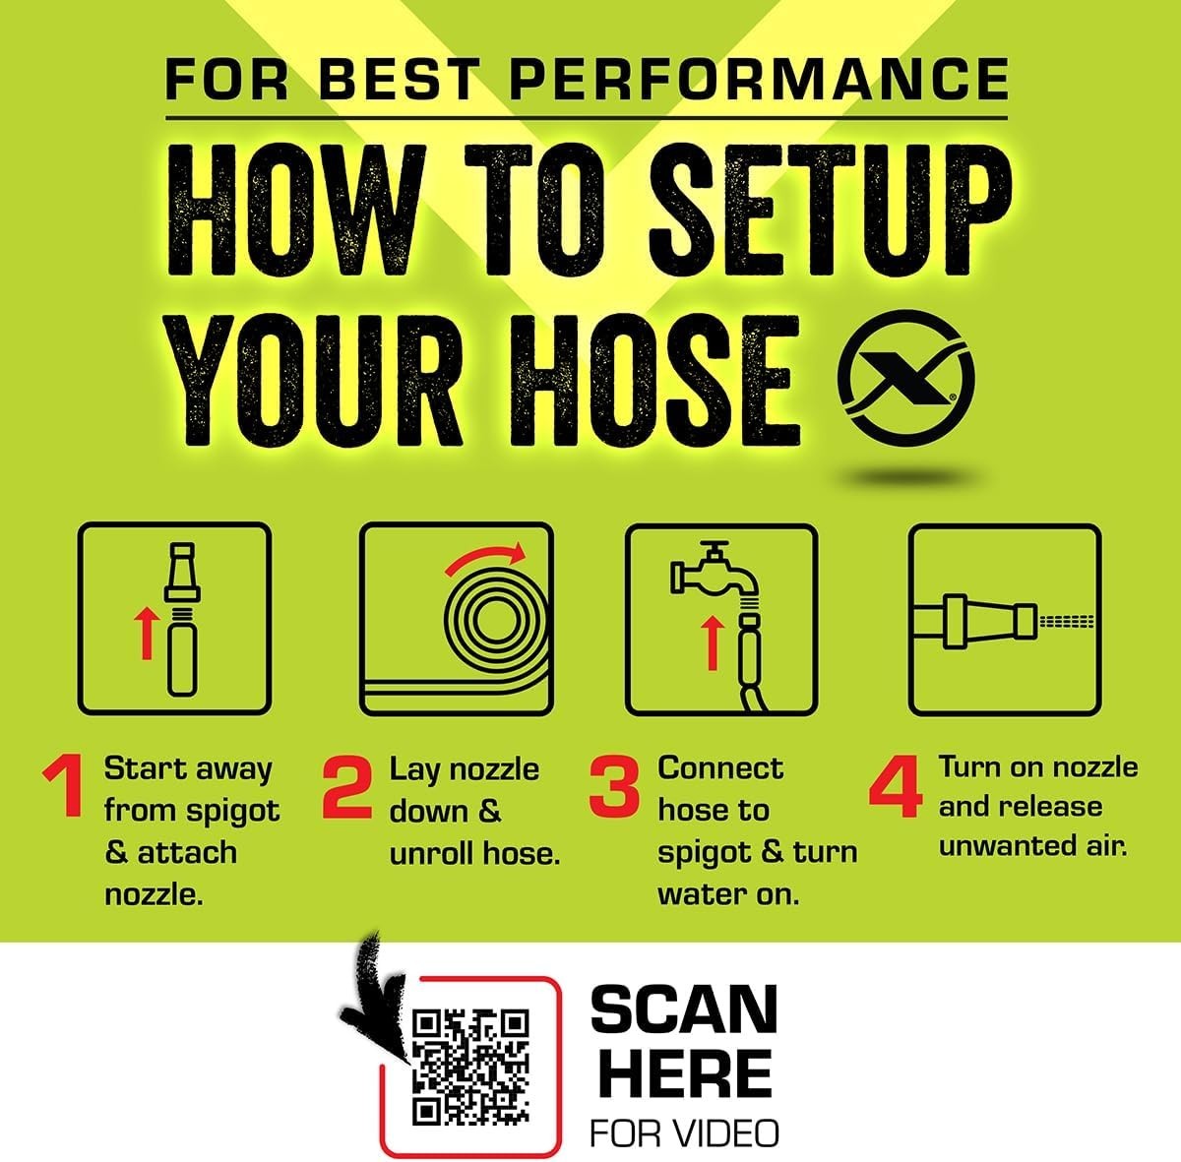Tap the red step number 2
click(x=346, y=787)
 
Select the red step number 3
click(x=614, y=787)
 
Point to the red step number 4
click(x=896, y=787)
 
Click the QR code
click(x=470, y=1068)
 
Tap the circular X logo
click(x=905, y=378)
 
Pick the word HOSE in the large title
click(x=653, y=380)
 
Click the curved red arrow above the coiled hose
click(x=485, y=558)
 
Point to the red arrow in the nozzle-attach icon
click(x=146, y=633)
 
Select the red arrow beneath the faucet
click(x=711, y=642)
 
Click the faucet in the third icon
click(x=715, y=572)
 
